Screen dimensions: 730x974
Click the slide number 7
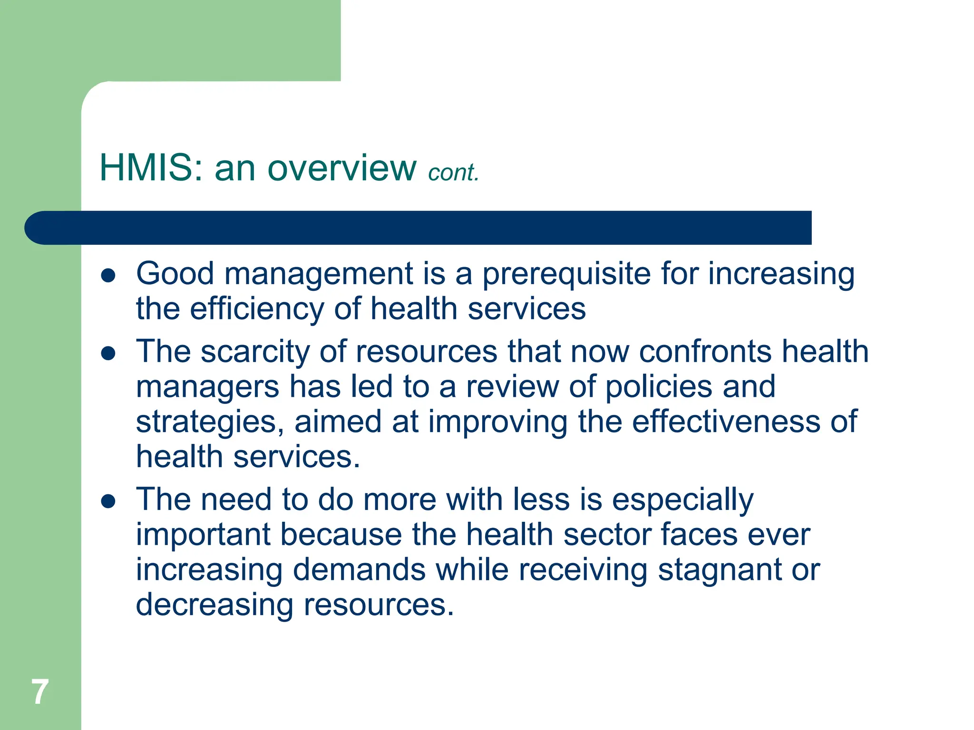[x=40, y=692]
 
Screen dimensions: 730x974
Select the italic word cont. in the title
[x=453, y=173]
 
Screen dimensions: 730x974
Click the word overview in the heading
[x=342, y=168]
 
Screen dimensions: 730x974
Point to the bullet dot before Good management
[x=108, y=276]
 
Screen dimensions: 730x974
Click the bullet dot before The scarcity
[x=108, y=353]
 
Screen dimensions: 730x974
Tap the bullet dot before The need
[x=108, y=501]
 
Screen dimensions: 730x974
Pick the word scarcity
[x=255, y=353]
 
